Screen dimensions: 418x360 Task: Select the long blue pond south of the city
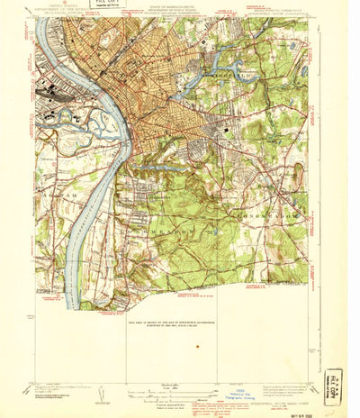pos(148,167)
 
